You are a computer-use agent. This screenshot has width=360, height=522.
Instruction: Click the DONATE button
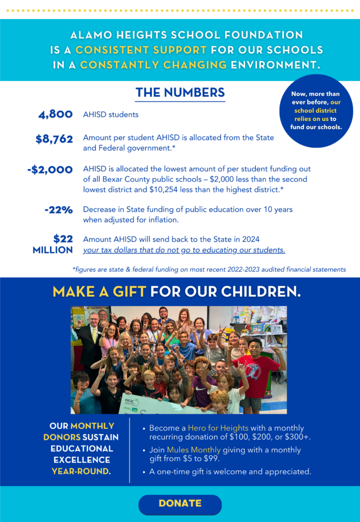(x=180, y=503)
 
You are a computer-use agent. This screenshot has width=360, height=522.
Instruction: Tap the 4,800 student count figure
(x=55, y=114)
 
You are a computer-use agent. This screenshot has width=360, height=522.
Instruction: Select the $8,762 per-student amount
(x=54, y=139)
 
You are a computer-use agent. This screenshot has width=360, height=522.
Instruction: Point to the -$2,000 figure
(x=50, y=169)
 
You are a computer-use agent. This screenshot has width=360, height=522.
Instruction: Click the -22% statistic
(x=59, y=210)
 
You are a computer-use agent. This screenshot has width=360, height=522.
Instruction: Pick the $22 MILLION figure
(x=53, y=244)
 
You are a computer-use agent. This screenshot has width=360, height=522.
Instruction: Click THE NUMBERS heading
(x=180, y=93)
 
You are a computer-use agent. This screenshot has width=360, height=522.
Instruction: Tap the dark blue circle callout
(x=316, y=111)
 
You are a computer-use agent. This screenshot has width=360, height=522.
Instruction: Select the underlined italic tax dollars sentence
(x=184, y=250)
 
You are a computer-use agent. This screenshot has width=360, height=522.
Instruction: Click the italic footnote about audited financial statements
(x=209, y=269)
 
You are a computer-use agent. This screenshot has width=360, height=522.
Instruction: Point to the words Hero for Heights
(x=218, y=428)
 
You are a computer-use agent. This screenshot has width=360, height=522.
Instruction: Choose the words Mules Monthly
(x=194, y=450)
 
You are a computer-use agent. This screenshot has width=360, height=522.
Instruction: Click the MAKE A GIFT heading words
(x=99, y=292)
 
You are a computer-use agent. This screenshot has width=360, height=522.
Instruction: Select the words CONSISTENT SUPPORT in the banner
(x=141, y=50)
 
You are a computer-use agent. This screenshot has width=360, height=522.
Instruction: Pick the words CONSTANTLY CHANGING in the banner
(x=153, y=65)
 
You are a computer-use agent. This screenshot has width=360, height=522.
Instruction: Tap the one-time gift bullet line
(x=230, y=472)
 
